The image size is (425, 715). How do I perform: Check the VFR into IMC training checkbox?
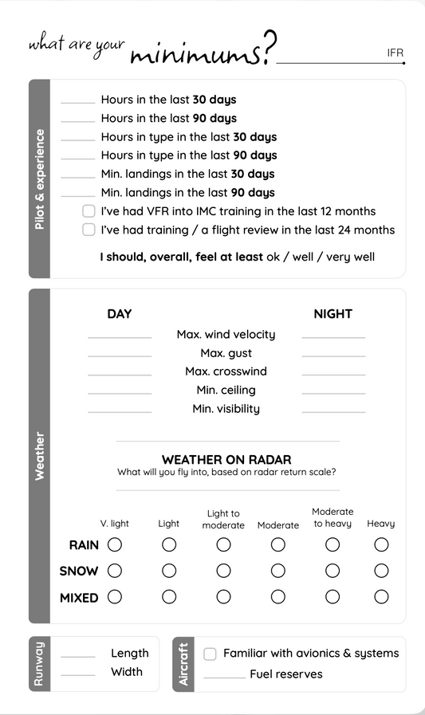(x=89, y=211)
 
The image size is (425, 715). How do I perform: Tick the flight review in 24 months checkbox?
(x=89, y=230)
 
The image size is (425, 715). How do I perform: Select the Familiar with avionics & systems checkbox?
(x=210, y=654)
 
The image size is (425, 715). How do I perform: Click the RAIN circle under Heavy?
(x=381, y=544)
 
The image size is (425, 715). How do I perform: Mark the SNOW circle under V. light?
(x=115, y=571)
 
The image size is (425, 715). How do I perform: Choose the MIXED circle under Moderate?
(x=277, y=597)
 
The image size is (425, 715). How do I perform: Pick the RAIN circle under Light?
(x=169, y=544)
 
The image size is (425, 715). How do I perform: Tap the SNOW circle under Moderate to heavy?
(x=333, y=571)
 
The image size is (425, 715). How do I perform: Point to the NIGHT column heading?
(x=333, y=314)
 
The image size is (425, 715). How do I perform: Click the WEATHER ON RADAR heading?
(x=226, y=460)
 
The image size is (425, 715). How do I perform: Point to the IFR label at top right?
(x=395, y=53)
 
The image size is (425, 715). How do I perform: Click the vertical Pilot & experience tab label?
(x=40, y=179)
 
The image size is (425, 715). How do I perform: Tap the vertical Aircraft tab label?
(x=184, y=664)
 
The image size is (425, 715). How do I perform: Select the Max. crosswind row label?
(x=226, y=371)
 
